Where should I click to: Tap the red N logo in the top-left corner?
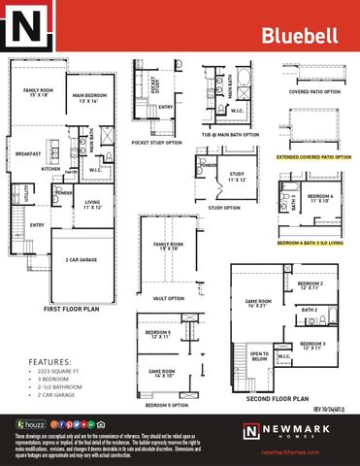click(26, 27)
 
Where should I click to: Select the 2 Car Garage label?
click(80, 260)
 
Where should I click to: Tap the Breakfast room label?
click(28, 153)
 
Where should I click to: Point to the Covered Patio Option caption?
click(313, 92)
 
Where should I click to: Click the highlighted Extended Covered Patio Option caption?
click(313, 155)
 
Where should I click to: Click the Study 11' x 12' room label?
click(236, 178)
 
